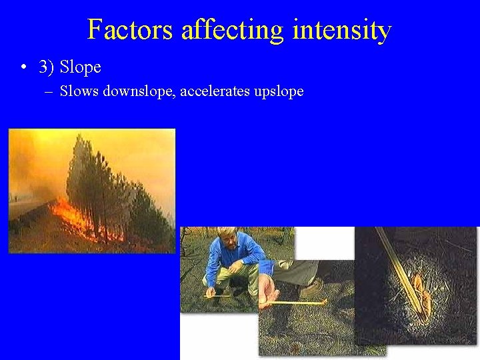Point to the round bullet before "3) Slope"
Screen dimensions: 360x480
click(x=23, y=67)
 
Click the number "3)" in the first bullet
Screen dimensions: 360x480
click(x=47, y=67)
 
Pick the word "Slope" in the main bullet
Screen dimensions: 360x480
click(x=81, y=67)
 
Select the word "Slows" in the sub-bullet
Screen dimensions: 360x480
click(x=79, y=91)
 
